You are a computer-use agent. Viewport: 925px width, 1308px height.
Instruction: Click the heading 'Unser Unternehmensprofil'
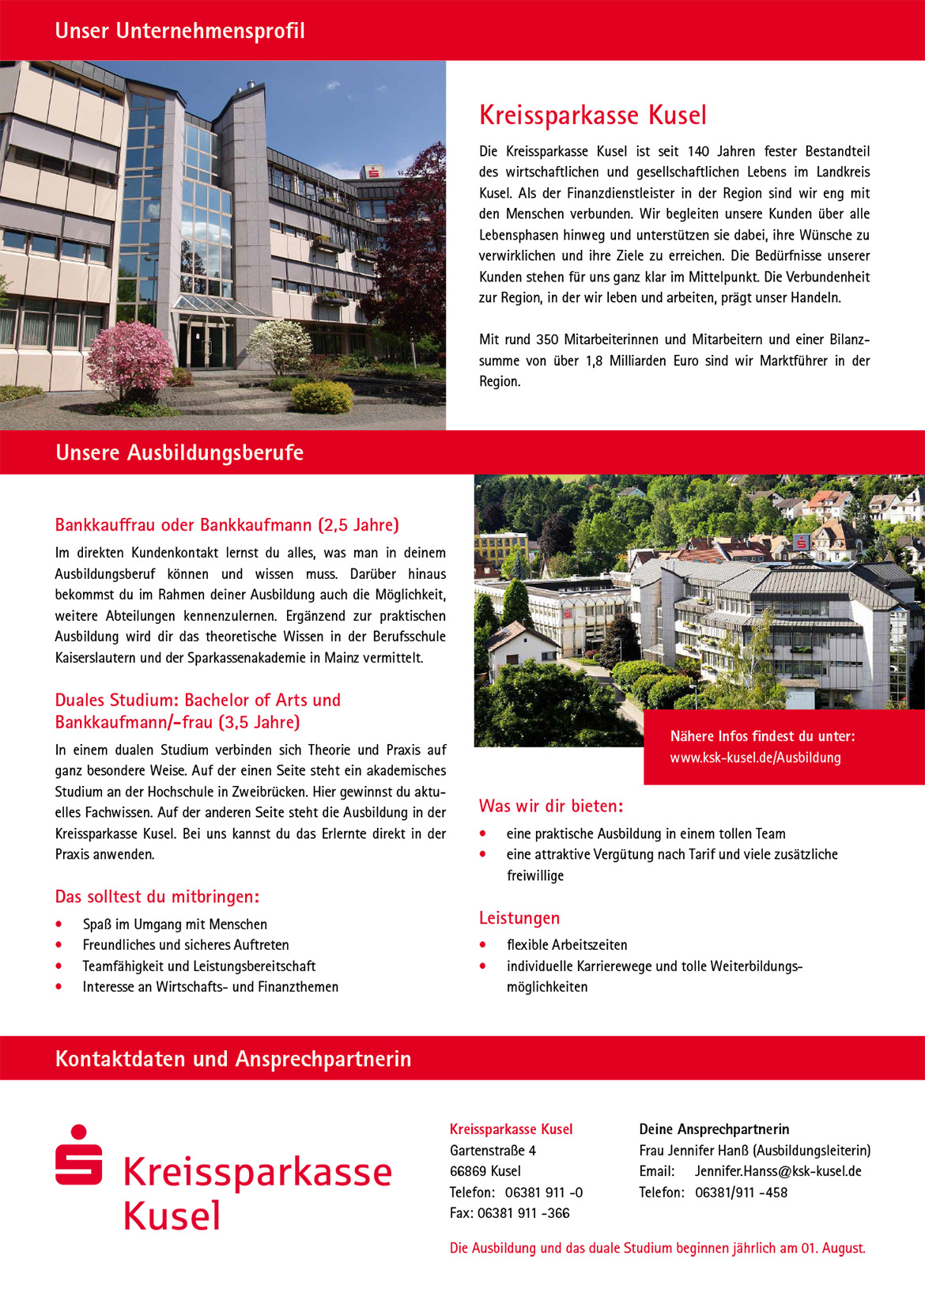click(179, 31)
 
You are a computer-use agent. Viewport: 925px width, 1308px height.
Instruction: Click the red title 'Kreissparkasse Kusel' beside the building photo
click(592, 115)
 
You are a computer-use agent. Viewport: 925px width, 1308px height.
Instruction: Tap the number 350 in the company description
click(546, 340)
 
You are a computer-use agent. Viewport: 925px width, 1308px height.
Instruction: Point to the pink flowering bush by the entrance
click(130, 359)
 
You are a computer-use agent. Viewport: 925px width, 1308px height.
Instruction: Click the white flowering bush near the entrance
click(281, 346)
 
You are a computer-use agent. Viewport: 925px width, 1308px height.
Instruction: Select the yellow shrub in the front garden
click(322, 397)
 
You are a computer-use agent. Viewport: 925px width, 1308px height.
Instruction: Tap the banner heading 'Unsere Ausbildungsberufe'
click(179, 452)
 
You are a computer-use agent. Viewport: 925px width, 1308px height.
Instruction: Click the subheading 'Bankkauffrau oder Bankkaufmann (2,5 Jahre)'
click(227, 525)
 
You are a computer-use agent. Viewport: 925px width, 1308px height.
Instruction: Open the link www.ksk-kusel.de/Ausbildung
click(755, 758)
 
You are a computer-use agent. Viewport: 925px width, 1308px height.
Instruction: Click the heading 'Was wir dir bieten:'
click(551, 807)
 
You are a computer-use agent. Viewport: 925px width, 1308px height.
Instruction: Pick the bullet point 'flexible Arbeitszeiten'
click(567, 945)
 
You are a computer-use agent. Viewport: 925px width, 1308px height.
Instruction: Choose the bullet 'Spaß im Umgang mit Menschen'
click(175, 924)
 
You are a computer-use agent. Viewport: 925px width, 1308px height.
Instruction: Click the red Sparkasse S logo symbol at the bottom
click(78, 1155)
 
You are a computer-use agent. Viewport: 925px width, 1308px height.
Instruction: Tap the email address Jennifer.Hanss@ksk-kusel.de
click(778, 1171)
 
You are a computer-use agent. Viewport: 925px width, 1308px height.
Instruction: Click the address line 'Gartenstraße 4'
click(493, 1151)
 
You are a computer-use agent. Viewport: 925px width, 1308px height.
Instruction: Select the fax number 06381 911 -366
click(523, 1213)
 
